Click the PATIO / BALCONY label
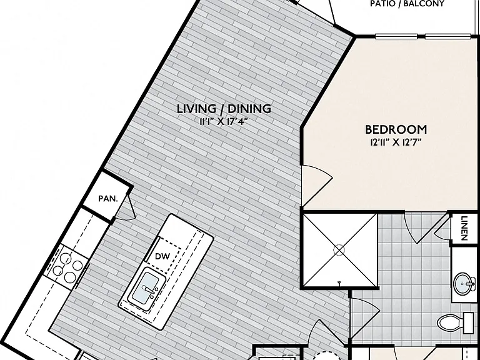pos(407,4)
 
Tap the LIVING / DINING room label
pos(224,109)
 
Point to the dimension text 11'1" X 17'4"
pos(224,121)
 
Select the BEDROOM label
pos(396,129)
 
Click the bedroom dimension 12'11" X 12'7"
pos(396,142)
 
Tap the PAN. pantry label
pos(108,199)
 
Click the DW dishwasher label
pos(162,256)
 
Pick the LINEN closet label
pos(464,228)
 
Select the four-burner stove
pos(67,266)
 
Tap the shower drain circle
pos(339,251)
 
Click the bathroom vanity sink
pos(465,284)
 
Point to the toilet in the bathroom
pos(456,322)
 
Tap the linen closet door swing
pos(443,226)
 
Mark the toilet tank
pos(469,322)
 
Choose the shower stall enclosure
pos(340,251)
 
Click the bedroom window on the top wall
pos(423,37)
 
